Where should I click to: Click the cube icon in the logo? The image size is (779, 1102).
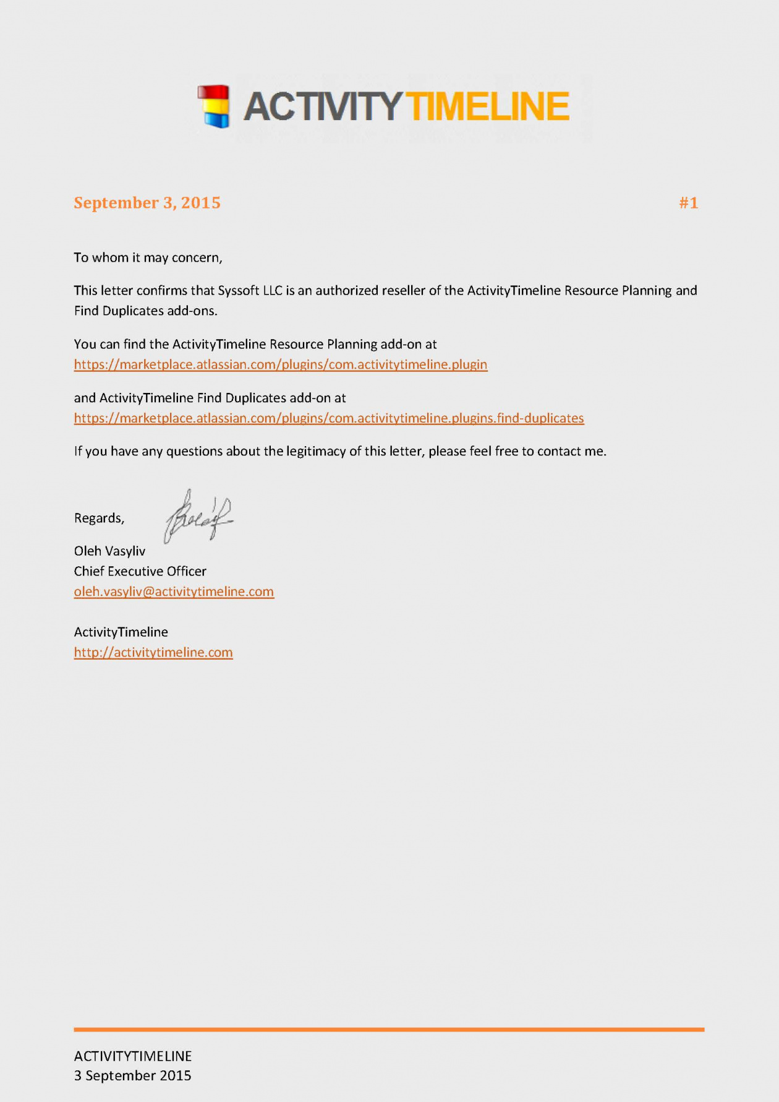click(214, 106)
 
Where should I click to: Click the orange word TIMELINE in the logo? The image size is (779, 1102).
click(488, 106)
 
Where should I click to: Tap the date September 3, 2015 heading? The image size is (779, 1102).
click(147, 203)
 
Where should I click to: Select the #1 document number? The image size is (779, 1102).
click(688, 203)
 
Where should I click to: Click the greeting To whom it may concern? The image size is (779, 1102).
click(148, 257)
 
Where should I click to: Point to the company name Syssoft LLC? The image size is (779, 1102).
click(250, 290)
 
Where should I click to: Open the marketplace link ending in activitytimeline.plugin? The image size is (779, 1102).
click(281, 364)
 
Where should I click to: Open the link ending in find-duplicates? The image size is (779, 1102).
click(329, 418)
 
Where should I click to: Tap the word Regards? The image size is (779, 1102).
click(99, 518)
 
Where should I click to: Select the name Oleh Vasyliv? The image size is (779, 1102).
click(109, 551)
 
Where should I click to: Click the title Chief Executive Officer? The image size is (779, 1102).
click(140, 571)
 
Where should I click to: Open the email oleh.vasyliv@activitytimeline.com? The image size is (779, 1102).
click(174, 592)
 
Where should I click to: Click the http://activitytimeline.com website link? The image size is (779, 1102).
click(153, 652)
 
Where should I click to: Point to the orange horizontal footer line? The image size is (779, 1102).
click(389, 1030)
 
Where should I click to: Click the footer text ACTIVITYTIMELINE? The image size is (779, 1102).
click(133, 1056)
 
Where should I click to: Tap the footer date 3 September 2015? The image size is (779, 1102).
click(133, 1076)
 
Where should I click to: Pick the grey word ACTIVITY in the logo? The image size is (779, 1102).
click(323, 106)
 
